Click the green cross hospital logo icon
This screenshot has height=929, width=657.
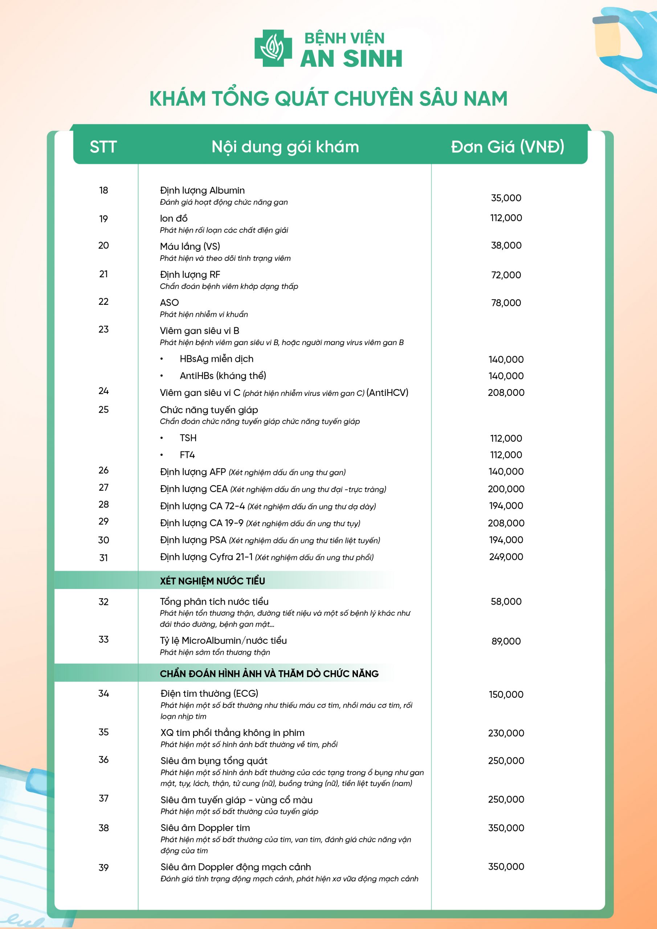pyautogui.click(x=273, y=48)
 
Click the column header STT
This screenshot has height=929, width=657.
pyautogui.click(x=103, y=147)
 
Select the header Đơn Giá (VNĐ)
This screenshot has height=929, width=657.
pyautogui.click(x=507, y=147)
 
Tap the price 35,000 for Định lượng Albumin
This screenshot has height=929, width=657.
pyautogui.click(x=506, y=198)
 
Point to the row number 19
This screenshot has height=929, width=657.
pyautogui.click(x=103, y=219)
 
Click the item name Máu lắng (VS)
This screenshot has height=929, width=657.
pyautogui.click(x=190, y=246)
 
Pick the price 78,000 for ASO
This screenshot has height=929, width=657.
pyautogui.click(x=506, y=303)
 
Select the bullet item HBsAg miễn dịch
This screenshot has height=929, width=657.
pyautogui.click(x=217, y=359)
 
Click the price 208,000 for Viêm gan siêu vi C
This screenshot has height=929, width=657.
pyautogui.click(x=506, y=393)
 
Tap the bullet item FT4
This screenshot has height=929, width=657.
pyautogui.click(x=187, y=455)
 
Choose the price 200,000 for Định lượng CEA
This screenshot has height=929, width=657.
pyautogui.click(x=506, y=489)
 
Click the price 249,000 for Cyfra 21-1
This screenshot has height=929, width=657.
pyautogui.click(x=506, y=557)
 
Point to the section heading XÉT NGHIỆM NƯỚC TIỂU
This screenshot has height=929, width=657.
pyautogui.click(x=212, y=581)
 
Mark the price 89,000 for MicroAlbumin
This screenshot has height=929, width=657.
pyautogui.click(x=506, y=641)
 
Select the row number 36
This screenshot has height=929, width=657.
pyautogui.click(x=103, y=760)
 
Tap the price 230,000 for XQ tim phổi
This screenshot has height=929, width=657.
pyautogui.click(x=506, y=733)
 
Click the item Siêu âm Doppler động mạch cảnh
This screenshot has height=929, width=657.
pyautogui.click(x=236, y=867)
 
